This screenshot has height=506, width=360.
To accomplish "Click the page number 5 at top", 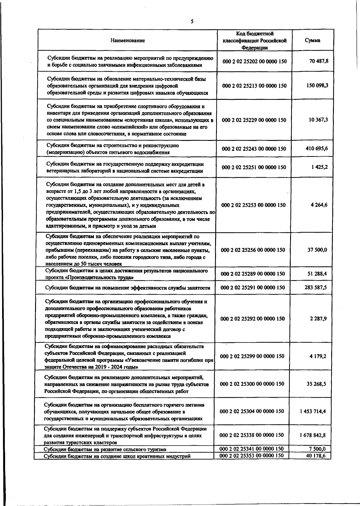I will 192,21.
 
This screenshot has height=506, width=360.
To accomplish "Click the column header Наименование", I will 127,40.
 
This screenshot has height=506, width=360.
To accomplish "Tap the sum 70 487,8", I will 319,61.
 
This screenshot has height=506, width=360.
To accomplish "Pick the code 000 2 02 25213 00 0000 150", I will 254,86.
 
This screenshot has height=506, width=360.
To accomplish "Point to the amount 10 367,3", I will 318,120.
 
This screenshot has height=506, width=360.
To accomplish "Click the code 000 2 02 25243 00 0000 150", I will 254,149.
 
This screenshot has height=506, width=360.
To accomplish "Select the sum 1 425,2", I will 319,167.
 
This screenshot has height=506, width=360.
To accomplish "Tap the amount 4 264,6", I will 319,205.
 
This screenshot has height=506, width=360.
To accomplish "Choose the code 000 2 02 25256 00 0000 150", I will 253,250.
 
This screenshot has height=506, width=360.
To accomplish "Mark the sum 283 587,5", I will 316,287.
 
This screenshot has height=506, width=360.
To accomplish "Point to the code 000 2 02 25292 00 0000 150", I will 253,319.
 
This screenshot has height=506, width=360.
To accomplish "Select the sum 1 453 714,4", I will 313,411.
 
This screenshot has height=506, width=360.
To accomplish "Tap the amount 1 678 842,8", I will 313,435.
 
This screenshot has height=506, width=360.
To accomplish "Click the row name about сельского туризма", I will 105,449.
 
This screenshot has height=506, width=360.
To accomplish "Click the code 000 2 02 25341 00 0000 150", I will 252,449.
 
